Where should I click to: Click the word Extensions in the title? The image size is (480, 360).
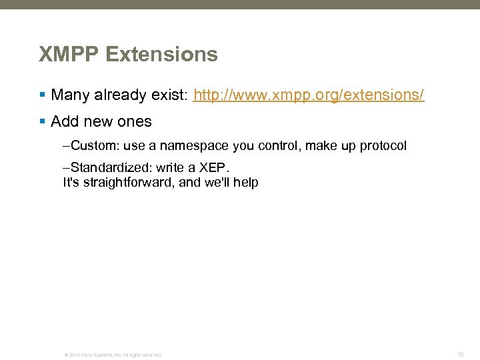[162, 54]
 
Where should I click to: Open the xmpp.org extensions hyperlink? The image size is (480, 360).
[308, 95]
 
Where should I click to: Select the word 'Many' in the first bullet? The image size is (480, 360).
[70, 95]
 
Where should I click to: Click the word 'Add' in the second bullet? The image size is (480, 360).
[65, 122]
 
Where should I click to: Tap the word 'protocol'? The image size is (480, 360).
[383, 146]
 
